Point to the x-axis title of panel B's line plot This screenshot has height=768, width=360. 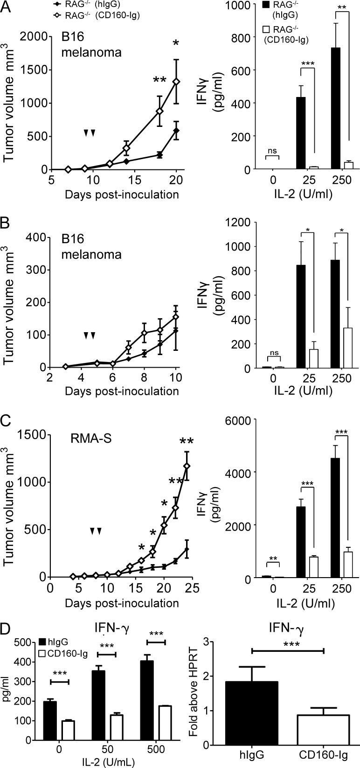[122, 391]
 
